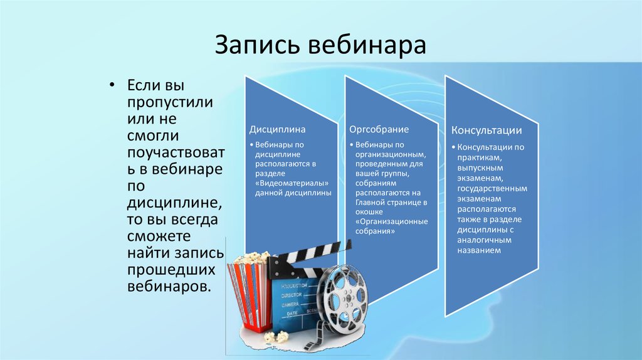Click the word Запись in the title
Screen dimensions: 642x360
(x=257, y=45)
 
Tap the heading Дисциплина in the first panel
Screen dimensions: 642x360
(x=277, y=129)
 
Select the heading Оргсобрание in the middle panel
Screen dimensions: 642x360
(x=379, y=129)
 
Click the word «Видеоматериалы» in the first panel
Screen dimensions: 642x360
(x=292, y=183)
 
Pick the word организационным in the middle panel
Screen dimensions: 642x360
(x=391, y=155)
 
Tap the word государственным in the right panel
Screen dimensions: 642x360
(x=492, y=189)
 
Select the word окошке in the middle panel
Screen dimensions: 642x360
(x=369, y=212)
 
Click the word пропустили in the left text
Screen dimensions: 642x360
(x=170, y=102)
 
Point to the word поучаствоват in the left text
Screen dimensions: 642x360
(x=176, y=152)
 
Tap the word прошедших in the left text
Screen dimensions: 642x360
(x=171, y=270)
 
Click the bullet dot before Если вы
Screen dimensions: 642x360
(x=112, y=85)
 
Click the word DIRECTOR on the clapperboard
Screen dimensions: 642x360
(x=292, y=295)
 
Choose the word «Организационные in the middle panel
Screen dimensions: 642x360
(x=391, y=221)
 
